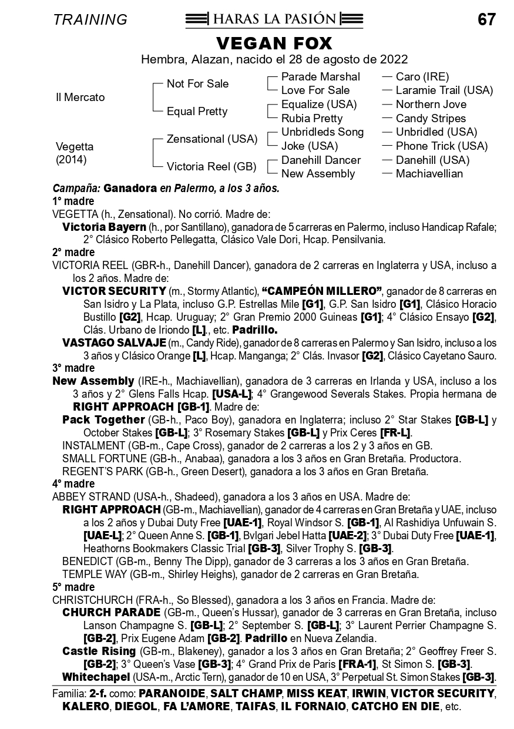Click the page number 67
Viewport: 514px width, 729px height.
tap(486, 19)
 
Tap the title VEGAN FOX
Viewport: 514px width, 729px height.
tap(274, 43)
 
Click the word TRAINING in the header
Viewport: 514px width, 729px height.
tap(90, 19)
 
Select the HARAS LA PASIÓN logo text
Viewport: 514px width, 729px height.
tap(274, 19)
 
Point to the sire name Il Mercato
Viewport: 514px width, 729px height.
tap(80, 98)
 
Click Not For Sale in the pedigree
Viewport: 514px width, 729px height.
tap(197, 84)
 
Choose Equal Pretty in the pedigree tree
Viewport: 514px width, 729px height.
tap(197, 112)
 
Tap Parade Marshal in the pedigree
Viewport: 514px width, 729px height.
tap(320, 77)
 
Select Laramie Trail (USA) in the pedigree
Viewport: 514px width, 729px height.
tap(444, 90)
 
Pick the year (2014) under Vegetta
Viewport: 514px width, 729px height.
tap(69, 160)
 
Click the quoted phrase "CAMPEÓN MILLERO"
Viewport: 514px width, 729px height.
tap(322, 291)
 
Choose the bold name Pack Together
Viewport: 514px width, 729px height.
tap(103, 420)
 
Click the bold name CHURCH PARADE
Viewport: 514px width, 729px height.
tap(111, 613)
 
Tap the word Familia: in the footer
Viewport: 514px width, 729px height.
tap(69, 694)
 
